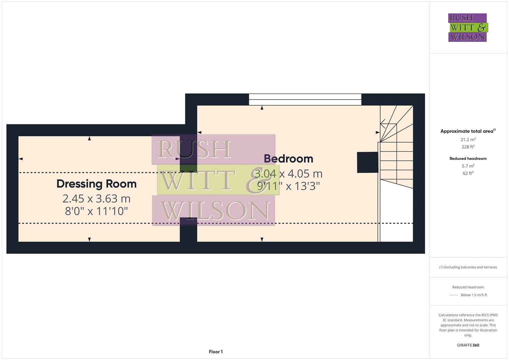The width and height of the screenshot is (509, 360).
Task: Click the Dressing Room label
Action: (96, 184)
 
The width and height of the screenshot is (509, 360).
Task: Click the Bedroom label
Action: (288, 159)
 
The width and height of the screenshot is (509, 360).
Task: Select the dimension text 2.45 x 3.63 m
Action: (96, 199)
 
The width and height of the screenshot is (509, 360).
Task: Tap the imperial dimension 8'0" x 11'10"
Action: (96, 211)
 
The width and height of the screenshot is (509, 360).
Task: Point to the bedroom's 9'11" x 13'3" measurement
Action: (288, 186)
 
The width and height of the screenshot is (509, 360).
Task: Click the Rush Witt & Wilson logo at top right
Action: (467, 27)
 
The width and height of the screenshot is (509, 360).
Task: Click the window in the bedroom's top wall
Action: (305, 100)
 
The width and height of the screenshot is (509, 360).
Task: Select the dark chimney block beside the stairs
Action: (367, 162)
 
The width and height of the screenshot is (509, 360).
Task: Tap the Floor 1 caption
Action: (216, 352)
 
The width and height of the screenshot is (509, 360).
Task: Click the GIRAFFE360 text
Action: (468, 345)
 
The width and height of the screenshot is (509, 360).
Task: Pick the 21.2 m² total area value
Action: (468, 140)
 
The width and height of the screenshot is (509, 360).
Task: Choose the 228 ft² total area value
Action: (468, 147)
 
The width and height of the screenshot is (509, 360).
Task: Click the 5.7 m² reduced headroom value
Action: (468, 166)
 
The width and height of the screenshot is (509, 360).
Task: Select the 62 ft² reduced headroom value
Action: (468, 173)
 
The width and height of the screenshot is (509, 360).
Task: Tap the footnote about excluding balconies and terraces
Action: (468, 267)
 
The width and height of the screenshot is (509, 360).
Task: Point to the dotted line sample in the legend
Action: (454, 295)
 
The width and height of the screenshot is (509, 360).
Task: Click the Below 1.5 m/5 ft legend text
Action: (474, 295)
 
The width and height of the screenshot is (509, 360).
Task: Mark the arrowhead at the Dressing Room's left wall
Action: (21, 159)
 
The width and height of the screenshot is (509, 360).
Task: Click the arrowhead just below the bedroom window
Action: (262, 108)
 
